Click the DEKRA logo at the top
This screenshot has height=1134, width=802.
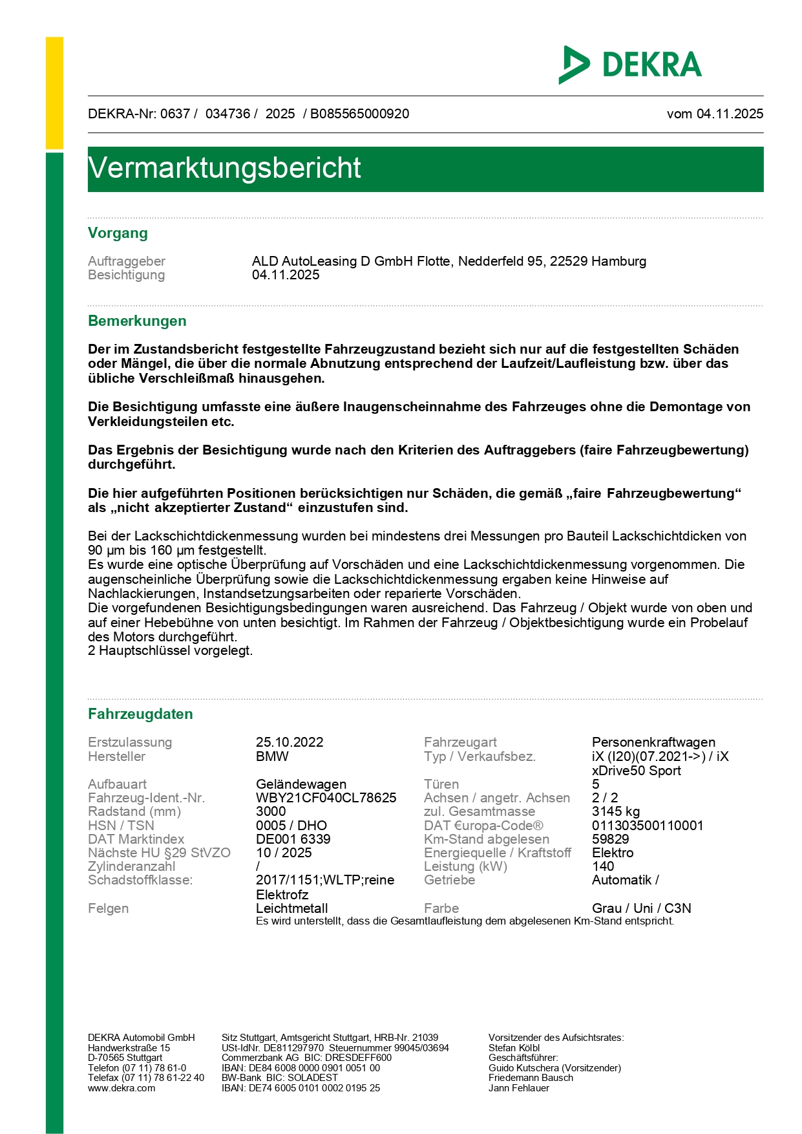(x=630, y=65)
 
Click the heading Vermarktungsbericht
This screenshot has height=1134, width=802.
(x=224, y=168)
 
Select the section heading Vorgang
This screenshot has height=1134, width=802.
(x=118, y=233)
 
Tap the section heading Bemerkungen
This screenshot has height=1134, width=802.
(x=137, y=321)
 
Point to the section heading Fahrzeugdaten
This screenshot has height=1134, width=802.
(x=140, y=714)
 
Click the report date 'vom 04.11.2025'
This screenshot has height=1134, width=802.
(x=715, y=114)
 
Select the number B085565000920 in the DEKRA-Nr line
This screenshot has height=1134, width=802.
(x=359, y=114)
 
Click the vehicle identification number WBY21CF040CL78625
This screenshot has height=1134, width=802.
(x=326, y=798)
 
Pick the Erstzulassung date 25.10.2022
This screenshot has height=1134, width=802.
(x=290, y=742)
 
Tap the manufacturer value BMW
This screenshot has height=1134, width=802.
(x=272, y=756)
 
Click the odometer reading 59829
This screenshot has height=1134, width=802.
(x=610, y=839)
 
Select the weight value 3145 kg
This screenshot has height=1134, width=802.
(x=615, y=811)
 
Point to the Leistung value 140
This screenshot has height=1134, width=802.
(x=603, y=866)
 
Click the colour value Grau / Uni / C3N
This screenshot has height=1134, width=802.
(x=641, y=908)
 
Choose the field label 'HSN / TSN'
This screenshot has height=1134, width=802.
(x=121, y=826)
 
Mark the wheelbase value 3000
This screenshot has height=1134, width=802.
(x=271, y=811)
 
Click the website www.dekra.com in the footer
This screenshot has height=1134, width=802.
(x=121, y=1088)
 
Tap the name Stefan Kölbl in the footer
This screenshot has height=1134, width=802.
(x=514, y=1048)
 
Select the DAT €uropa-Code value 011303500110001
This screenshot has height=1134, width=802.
(x=648, y=826)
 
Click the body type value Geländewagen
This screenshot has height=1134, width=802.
(x=301, y=784)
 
